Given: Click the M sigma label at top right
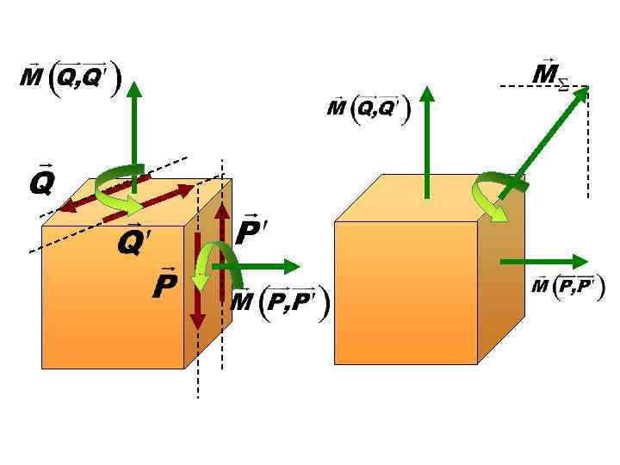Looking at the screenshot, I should click(x=549, y=75).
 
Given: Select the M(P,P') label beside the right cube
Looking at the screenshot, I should click(x=567, y=285).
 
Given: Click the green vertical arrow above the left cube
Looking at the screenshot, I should click(x=135, y=129).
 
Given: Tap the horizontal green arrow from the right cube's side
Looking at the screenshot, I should click(x=542, y=260).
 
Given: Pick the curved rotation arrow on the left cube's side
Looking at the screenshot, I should click(x=207, y=258).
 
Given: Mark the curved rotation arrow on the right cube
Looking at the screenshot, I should click(x=491, y=197).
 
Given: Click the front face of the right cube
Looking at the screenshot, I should click(x=405, y=293).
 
